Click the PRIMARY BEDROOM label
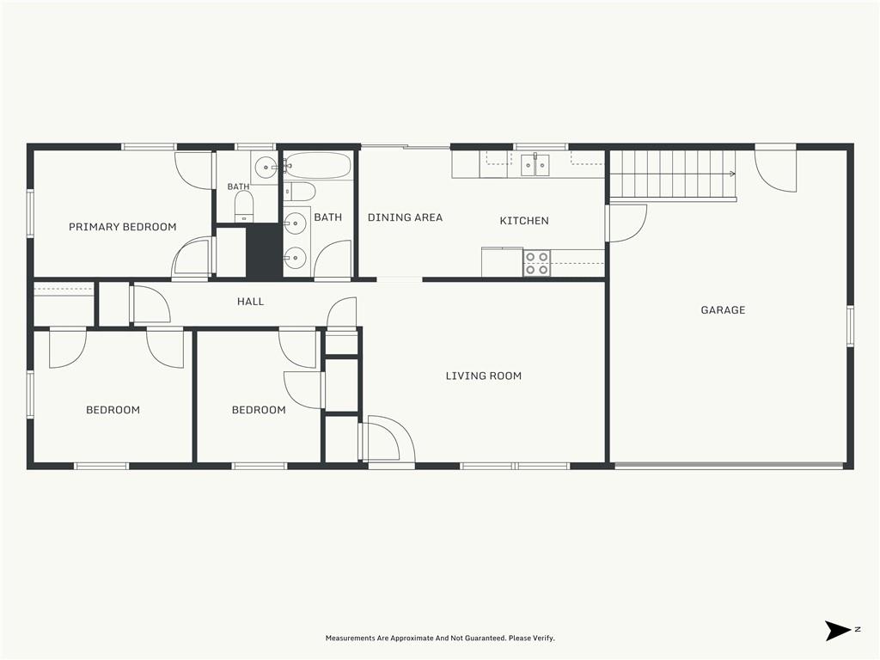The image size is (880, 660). pos(122,227)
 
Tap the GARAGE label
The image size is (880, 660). pos(723,309)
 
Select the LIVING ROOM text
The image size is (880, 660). pos(483,376)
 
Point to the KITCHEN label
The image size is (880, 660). pos(524,221)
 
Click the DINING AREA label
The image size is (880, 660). pos(406,217)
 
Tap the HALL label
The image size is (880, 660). pos(250,302)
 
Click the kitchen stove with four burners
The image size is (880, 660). pos(536,263)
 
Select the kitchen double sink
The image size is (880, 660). pos(535,164)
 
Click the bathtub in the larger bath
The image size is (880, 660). pos(317,166)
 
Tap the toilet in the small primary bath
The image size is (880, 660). pos(243,206)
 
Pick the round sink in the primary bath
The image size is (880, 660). pos(266,168)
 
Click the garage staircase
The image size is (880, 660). pos(672,174)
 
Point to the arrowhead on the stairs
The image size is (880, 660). pos(732,174)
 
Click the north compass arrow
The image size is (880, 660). pos(837,630)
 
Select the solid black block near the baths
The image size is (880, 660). pos(264,250)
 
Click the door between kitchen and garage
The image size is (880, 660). pos(626,223)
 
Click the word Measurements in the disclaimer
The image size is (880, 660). pos(350,639)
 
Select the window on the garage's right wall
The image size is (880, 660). pos(850,326)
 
